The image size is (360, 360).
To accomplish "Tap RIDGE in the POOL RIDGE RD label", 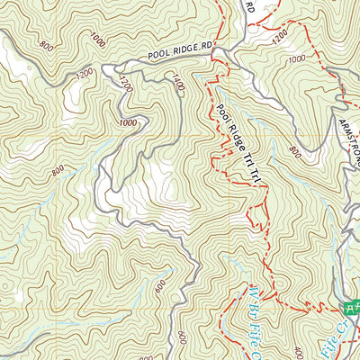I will [x=182, y=49].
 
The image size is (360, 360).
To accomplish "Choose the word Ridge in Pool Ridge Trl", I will [x=237, y=140].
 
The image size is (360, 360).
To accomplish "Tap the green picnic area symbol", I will [x=353, y=307].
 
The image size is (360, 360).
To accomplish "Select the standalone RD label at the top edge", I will [x=250, y=6].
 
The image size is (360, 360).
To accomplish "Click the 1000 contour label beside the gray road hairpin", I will [x=128, y=122].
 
